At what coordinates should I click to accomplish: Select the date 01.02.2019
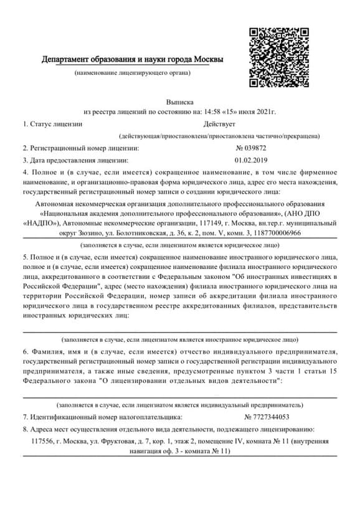click(x=250, y=159)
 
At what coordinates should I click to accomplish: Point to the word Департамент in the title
click(x=67, y=60)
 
